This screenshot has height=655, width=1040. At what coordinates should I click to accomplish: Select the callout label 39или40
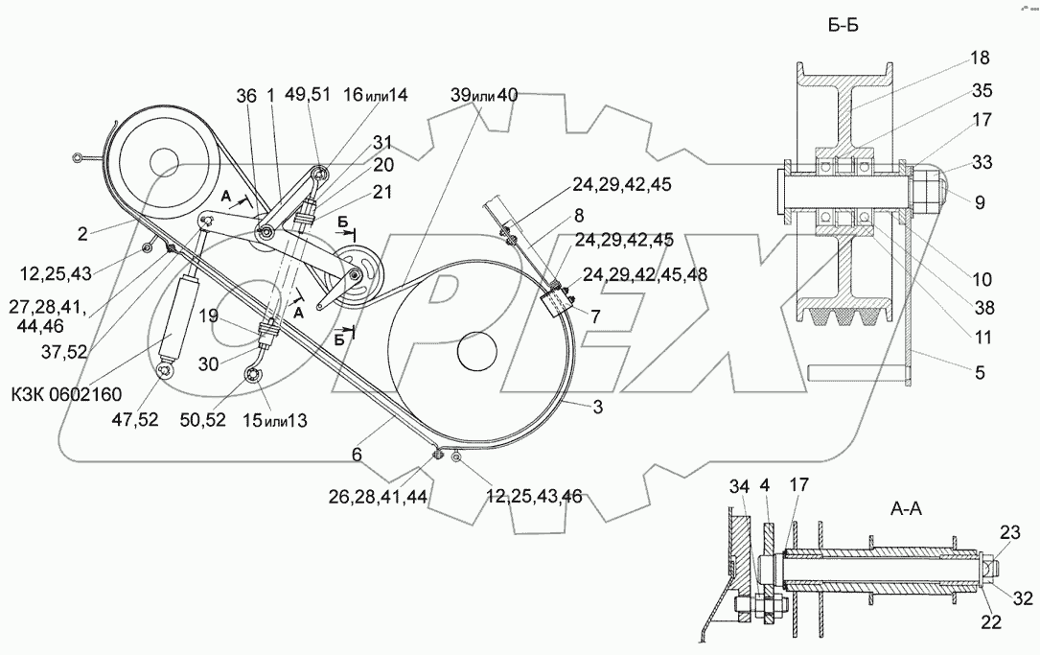[x=484, y=95]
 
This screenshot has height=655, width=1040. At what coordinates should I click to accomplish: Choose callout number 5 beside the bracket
[x=979, y=372]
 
